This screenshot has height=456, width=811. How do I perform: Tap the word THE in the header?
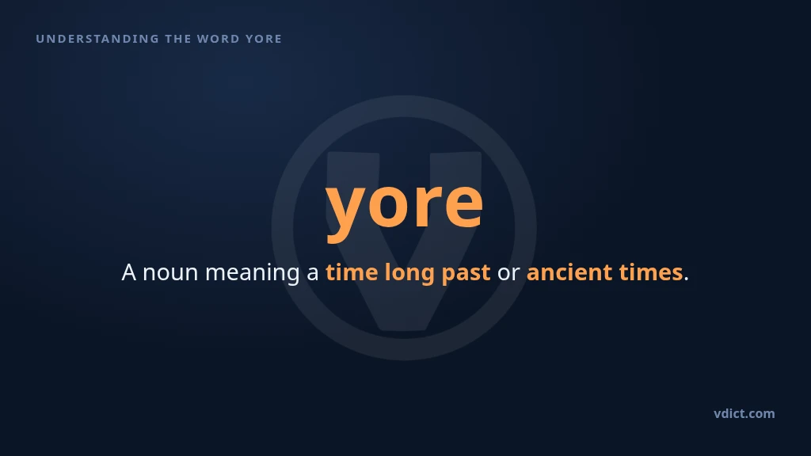click(x=177, y=39)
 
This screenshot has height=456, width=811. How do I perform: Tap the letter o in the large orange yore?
click(x=389, y=204)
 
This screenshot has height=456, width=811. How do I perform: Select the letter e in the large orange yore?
click(x=463, y=204)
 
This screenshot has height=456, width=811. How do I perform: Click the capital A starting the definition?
click(x=129, y=272)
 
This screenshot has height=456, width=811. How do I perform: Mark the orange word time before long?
click(x=352, y=272)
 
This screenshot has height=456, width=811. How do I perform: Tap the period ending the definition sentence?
click(x=687, y=279)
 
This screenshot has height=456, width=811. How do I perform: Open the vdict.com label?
click(x=744, y=413)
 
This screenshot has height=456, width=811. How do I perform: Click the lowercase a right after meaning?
click(x=312, y=274)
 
